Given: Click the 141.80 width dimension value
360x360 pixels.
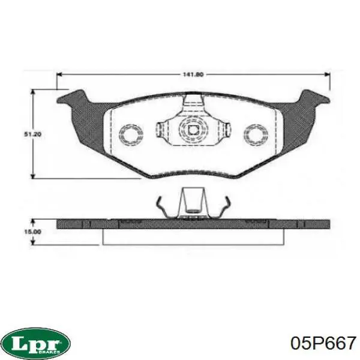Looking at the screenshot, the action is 193,74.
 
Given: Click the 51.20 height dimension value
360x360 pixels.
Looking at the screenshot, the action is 33,134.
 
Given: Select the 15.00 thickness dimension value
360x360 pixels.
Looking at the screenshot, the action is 33,232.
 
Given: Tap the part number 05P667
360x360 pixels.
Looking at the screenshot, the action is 323,343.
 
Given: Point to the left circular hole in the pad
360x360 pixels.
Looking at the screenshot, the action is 131,135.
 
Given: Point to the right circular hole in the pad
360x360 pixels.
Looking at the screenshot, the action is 256,135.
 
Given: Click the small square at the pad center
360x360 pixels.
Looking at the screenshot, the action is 193,130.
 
